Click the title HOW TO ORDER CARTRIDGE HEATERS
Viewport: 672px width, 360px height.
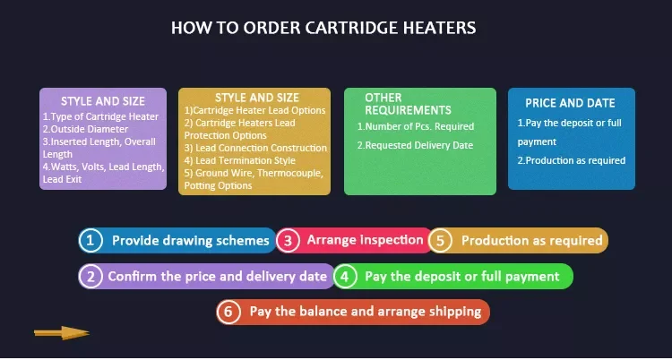pos(323,28)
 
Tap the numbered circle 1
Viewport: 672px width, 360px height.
pos(90,240)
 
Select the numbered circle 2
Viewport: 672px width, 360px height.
pos(90,276)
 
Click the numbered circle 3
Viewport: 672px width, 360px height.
pos(288,240)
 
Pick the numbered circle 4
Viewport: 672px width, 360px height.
pos(347,276)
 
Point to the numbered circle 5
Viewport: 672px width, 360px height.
pos(440,240)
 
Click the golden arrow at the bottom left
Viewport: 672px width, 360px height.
pos(61,333)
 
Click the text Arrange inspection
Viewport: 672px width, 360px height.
pos(365,240)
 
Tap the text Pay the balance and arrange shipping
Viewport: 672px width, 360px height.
pos(366,312)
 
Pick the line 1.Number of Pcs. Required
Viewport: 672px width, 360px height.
pos(415,126)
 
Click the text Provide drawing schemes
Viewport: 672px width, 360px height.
pos(190,240)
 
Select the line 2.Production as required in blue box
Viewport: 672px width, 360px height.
pos(572,160)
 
